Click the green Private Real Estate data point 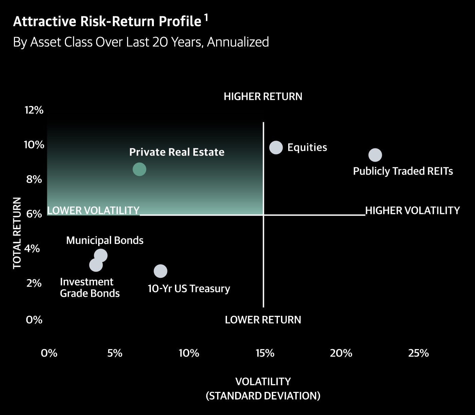click(139, 169)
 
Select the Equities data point click(276, 147)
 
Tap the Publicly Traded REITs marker click(375, 155)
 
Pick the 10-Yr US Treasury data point click(160, 271)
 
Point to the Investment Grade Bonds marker click(95, 265)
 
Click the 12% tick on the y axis click(34, 110)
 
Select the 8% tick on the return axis click(34, 179)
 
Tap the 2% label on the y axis click(34, 283)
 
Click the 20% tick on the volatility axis click(341, 353)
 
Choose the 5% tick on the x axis click(115, 353)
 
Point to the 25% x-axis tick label click(419, 353)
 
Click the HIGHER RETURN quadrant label click(263, 96)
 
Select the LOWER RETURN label click(263, 320)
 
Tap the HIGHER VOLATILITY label click(412, 211)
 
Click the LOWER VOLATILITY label click(93, 211)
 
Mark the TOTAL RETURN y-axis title click(17, 233)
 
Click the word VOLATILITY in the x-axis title click(263, 381)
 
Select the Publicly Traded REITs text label click(403, 171)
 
